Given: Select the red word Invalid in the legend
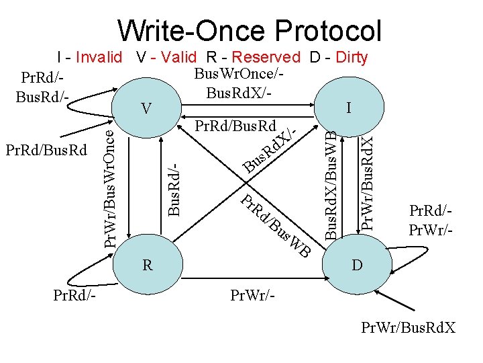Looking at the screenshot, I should click(x=99, y=57).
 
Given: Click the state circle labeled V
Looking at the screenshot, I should click(x=147, y=108).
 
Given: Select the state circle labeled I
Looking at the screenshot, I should click(x=347, y=108).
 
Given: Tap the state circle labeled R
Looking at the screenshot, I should click(x=147, y=265).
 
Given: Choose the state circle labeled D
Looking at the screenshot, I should click(x=357, y=265).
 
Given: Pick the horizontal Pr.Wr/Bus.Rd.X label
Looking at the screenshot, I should click(x=408, y=327).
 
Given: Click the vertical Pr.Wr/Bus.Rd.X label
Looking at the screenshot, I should click(x=366, y=182).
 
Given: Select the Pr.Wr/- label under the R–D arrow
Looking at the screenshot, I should click(x=252, y=294).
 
